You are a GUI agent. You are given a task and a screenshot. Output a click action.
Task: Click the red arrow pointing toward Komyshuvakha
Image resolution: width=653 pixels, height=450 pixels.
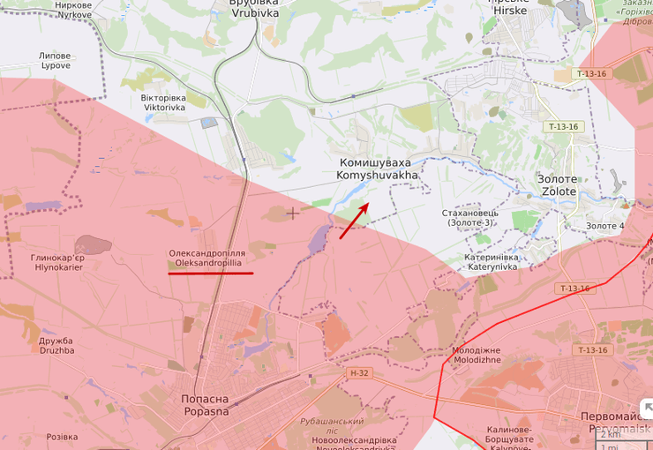click(x=354, y=221)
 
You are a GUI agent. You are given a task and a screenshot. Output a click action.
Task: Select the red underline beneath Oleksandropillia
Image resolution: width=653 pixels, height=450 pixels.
click(x=210, y=274)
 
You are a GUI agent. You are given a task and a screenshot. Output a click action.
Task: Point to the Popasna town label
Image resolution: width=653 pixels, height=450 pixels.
click(x=205, y=405)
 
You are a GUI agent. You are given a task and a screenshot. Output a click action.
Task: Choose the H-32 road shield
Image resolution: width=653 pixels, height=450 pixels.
click(x=357, y=373)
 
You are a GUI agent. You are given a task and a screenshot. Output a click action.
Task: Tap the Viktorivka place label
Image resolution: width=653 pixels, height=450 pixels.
click(x=165, y=102)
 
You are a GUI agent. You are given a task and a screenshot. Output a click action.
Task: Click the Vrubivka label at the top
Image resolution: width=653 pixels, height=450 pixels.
click(x=254, y=9)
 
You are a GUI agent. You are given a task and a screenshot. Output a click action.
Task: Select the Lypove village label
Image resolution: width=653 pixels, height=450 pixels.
click(x=55, y=61)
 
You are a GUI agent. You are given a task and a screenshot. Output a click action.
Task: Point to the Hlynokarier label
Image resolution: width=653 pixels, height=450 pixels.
click(x=58, y=262)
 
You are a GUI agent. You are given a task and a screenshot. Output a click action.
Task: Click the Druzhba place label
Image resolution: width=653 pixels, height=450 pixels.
click(x=56, y=345)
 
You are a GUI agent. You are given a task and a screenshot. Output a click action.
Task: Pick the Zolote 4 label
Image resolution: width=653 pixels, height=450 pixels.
click(x=604, y=226)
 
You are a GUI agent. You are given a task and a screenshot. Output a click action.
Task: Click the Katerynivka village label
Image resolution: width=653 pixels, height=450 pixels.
click(x=492, y=262)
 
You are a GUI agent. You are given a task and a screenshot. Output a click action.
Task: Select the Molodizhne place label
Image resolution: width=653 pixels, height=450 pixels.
click(x=476, y=355)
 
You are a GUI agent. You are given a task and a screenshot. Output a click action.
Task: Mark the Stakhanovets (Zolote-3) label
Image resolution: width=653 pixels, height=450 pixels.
click(x=470, y=217)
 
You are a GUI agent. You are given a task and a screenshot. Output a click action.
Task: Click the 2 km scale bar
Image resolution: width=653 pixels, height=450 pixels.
click(x=622, y=434)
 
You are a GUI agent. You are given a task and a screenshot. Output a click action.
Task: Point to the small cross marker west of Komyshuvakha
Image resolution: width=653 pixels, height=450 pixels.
click(x=292, y=213)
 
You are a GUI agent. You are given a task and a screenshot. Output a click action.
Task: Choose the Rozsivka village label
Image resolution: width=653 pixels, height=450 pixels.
click(x=62, y=437)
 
